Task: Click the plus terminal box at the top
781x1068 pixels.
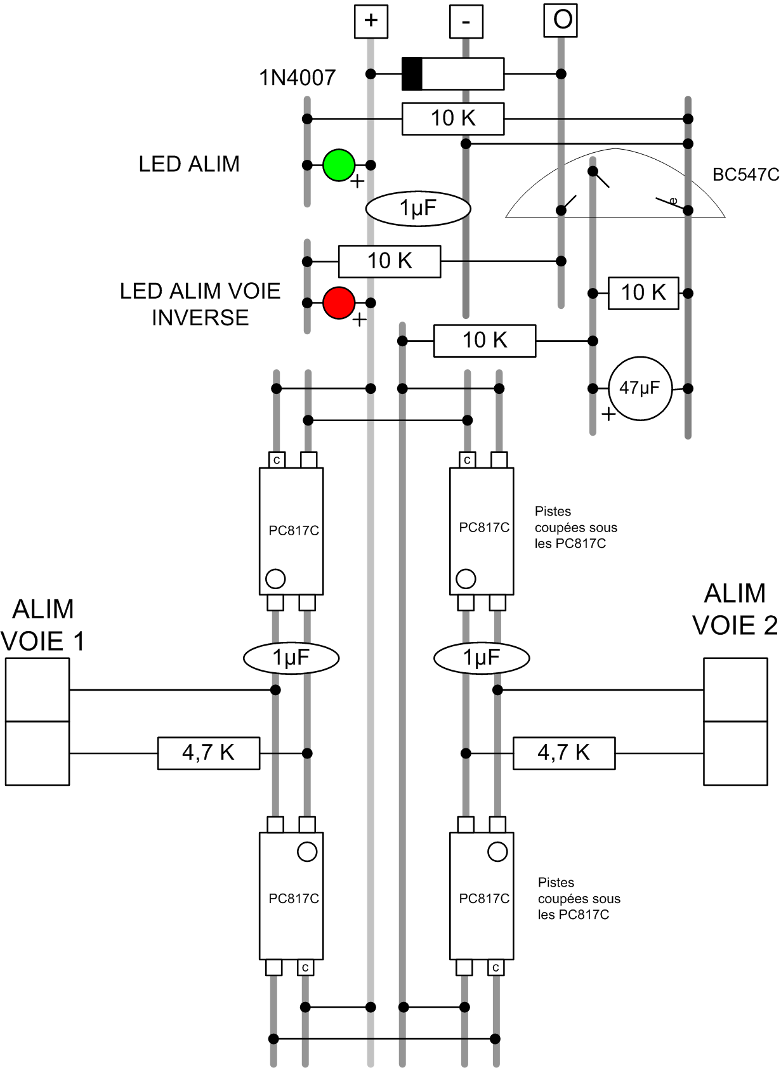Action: click(371, 21)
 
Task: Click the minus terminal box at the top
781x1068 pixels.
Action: click(466, 22)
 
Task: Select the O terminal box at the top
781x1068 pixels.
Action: click(561, 20)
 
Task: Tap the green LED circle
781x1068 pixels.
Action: click(339, 165)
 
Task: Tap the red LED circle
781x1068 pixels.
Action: click(339, 303)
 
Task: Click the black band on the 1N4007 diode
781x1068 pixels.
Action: click(412, 74)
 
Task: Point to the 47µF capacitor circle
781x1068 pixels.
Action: click(640, 388)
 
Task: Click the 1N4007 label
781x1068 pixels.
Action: click(297, 78)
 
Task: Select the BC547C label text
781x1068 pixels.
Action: click(745, 175)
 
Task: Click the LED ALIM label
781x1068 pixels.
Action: click(189, 164)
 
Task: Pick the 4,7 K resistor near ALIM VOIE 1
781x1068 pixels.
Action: click(209, 753)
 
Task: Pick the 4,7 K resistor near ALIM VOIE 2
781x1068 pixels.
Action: click(564, 753)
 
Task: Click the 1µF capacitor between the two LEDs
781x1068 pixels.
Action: click(418, 209)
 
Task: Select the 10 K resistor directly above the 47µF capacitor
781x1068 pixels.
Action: click(643, 293)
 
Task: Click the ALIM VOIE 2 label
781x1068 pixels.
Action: click(735, 609)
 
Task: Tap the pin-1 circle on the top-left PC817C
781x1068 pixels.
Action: click(275, 578)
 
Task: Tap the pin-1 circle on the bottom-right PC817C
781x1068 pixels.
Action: click(497, 852)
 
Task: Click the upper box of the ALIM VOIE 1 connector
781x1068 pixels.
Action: click(37, 689)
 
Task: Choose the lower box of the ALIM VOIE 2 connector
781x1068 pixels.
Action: click(735, 753)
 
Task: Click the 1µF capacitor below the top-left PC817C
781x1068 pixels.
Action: click(291, 658)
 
